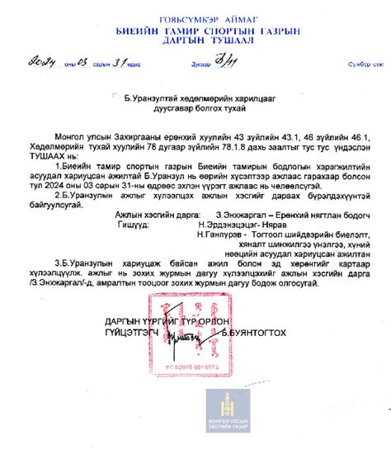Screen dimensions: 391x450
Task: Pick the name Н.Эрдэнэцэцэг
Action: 226,223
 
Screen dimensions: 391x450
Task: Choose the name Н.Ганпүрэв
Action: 223,234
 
